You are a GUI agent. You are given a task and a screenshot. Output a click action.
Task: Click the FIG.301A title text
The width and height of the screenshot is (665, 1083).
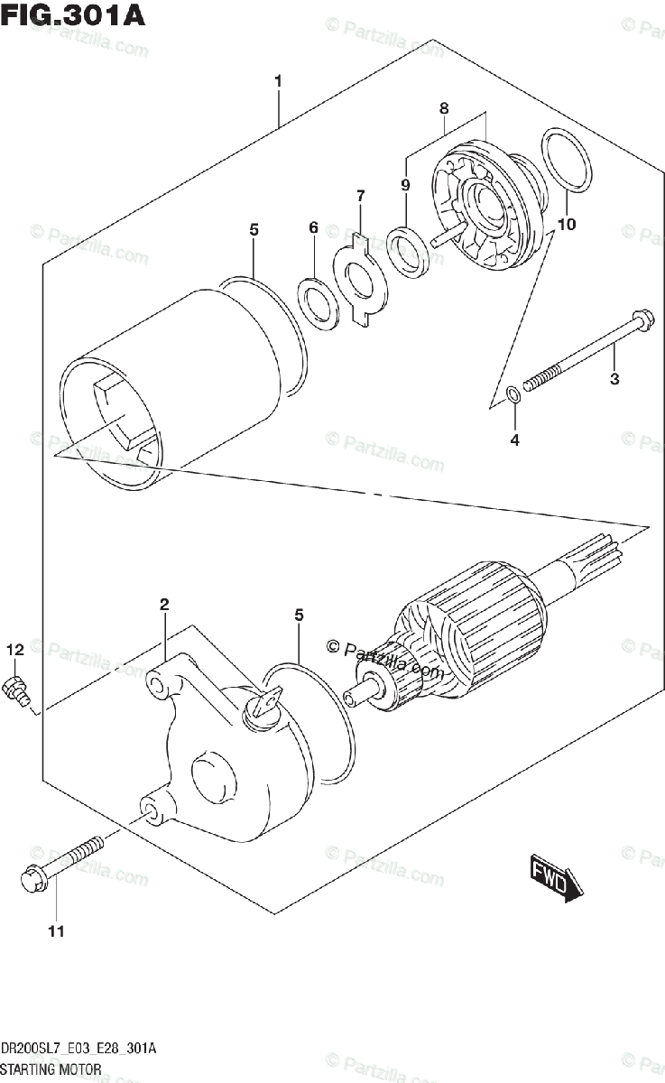click(x=72, y=15)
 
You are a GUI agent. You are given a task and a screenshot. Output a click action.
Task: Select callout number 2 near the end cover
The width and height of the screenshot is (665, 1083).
click(x=164, y=605)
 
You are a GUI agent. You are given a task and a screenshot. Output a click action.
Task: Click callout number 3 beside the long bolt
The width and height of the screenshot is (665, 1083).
click(x=614, y=379)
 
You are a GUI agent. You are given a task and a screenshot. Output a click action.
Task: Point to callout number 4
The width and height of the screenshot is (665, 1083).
click(x=514, y=441)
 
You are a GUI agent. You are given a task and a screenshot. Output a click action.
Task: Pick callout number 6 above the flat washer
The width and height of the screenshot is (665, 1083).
click(x=313, y=228)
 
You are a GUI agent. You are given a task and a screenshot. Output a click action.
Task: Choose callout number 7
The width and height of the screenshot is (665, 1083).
click(x=360, y=195)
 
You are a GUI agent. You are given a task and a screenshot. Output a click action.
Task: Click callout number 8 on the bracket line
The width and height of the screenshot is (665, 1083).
click(x=444, y=108)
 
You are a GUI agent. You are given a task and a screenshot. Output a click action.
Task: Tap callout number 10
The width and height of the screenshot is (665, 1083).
click(x=567, y=224)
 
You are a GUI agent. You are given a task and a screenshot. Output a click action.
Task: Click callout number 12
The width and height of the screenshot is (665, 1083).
click(x=15, y=649)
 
